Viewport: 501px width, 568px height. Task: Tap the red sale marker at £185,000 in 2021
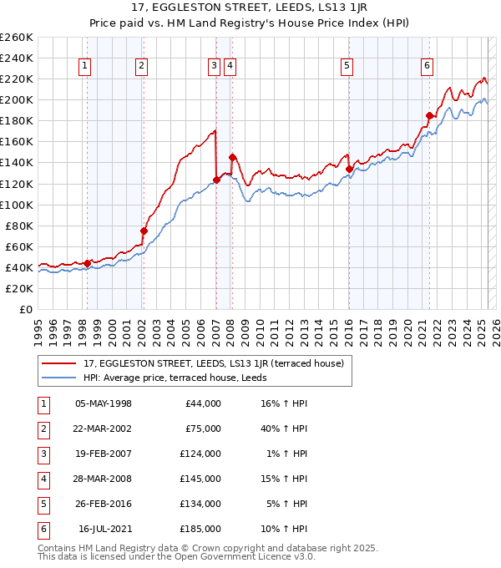point(429,115)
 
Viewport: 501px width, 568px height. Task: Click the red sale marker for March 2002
point(144,231)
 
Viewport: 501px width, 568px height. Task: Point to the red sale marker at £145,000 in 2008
point(232,157)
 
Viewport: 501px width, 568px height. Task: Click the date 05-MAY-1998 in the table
point(104,403)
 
